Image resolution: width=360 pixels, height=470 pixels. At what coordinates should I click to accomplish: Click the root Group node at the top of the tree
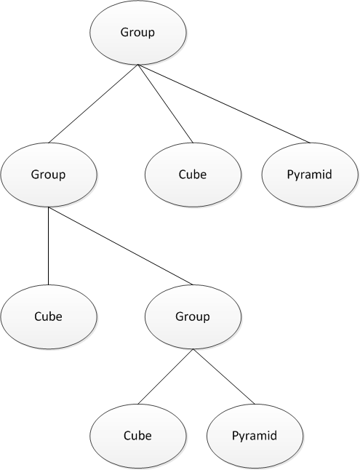(x=137, y=33)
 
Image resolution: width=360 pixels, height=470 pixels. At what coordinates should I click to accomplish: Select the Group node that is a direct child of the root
(x=49, y=175)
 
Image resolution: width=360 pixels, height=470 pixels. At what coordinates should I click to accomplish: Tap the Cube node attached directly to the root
(x=193, y=175)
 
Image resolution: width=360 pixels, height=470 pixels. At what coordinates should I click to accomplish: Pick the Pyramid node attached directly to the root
(x=311, y=175)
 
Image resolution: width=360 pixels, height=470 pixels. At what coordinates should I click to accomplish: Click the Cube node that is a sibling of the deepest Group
(x=49, y=317)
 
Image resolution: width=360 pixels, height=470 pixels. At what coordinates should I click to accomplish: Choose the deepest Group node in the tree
(x=193, y=317)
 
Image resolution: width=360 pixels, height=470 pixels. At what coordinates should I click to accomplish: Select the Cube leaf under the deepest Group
(x=137, y=436)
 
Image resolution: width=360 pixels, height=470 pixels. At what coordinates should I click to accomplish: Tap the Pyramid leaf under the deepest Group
(x=255, y=436)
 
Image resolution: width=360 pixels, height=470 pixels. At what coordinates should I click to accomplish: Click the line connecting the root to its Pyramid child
(x=224, y=104)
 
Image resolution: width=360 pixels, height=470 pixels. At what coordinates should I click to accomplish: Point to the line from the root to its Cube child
(x=165, y=104)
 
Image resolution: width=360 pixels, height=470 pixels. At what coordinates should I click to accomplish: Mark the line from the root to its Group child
(x=93, y=104)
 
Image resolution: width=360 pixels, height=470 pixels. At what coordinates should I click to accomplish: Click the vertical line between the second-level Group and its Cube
(x=49, y=246)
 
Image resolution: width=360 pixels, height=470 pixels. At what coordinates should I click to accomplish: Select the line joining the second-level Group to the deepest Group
(x=121, y=246)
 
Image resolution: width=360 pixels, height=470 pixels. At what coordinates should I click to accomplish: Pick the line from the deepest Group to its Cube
(x=165, y=376)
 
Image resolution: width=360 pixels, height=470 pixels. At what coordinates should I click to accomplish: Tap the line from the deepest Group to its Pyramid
(x=223, y=376)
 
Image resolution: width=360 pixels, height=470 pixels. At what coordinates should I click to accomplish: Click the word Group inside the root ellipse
(x=137, y=33)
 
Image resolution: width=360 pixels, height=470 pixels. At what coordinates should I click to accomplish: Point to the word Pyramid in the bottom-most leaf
(x=255, y=436)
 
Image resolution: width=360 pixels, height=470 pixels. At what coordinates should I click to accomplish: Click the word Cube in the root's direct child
(x=193, y=175)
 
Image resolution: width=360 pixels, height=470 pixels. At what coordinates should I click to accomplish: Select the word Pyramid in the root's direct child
(x=311, y=175)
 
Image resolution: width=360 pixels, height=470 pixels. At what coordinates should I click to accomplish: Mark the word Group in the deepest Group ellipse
(x=193, y=317)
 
